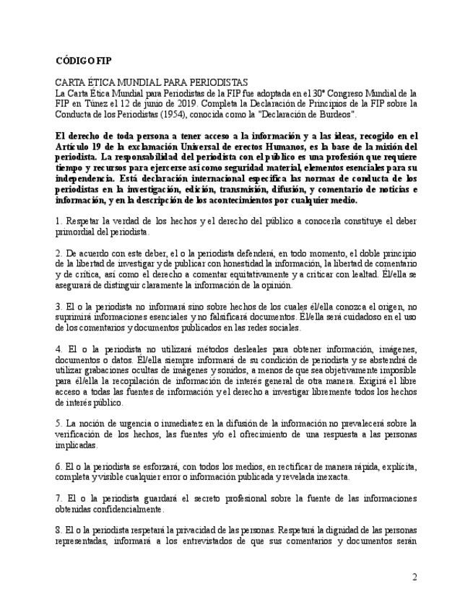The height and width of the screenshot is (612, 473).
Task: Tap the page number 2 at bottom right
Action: point(415,577)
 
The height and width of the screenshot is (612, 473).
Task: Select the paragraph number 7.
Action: point(58,499)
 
